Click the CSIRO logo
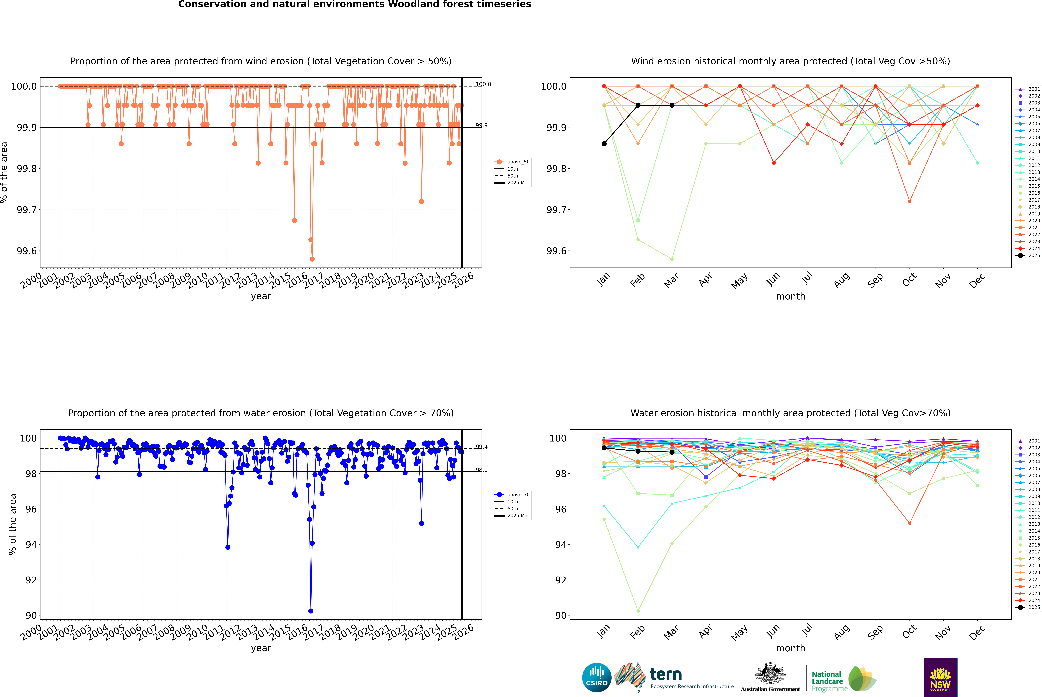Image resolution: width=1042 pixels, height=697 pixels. pyautogui.click(x=597, y=677)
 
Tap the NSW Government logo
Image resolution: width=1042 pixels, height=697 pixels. pyautogui.click(x=940, y=677)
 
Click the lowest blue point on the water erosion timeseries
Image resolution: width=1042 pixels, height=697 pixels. pyautogui.click(x=311, y=611)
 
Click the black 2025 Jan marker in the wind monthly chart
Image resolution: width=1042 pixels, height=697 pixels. pyautogui.click(x=604, y=144)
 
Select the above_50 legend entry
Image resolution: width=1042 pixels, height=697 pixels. pyautogui.click(x=512, y=162)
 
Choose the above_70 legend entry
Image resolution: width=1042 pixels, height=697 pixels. pyautogui.click(x=512, y=495)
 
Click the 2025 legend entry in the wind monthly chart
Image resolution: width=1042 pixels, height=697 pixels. pyautogui.click(x=1028, y=256)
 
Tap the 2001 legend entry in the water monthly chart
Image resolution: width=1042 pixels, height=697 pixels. pyautogui.click(x=1028, y=441)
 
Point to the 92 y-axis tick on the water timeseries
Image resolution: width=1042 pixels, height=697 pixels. pyautogui.click(x=31, y=580)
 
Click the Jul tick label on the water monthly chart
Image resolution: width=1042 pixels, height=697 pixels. pyautogui.click(x=807, y=631)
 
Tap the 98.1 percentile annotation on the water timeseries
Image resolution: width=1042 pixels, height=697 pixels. pyautogui.click(x=481, y=470)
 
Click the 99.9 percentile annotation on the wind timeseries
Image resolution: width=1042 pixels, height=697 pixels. pyautogui.click(x=481, y=125)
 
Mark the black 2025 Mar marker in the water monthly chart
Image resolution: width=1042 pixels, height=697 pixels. pyautogui.click(x=672, y=452)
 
